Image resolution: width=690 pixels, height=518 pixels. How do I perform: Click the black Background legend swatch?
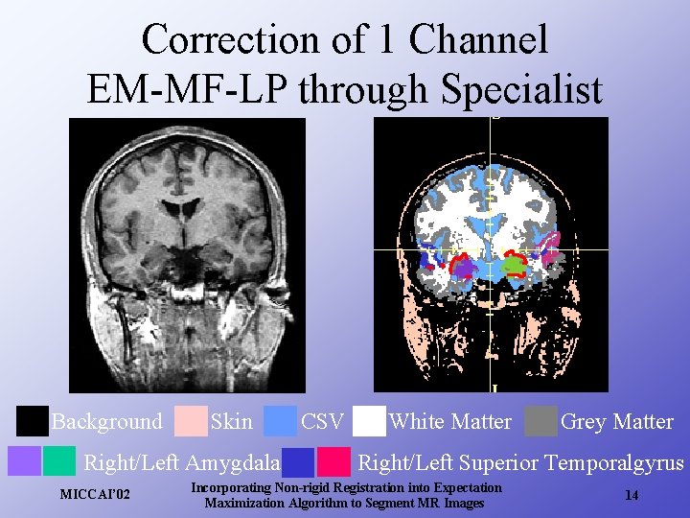pos(33,421)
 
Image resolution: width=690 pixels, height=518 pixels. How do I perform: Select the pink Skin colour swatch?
pos(191,421)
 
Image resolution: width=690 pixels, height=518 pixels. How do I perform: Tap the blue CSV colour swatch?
pos(280,421)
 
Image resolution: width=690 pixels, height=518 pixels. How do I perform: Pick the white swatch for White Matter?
pos(369,421)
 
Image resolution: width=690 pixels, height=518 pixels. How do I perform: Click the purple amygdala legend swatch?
pos(25,461)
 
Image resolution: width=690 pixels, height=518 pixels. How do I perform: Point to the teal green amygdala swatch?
pos(59,461)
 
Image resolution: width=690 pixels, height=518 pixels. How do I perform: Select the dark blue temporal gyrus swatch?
pos(299,462)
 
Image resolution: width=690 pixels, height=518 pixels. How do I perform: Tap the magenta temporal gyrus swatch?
pos(333,462)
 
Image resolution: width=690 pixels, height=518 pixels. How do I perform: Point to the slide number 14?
pos(632,495)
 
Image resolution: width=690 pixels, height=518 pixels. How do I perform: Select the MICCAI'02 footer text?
pos(95,495)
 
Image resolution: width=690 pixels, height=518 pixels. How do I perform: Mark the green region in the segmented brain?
pos(515,260)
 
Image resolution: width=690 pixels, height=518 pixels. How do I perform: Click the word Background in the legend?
pos(106,422)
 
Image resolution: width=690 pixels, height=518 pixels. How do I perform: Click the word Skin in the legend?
pos(231,422)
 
